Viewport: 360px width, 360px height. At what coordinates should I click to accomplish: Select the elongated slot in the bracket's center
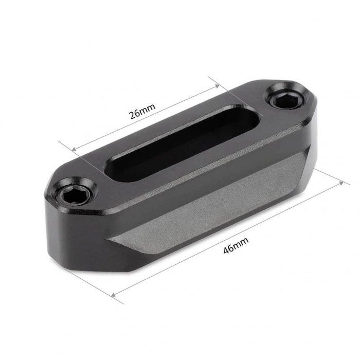click(x=175, y=142)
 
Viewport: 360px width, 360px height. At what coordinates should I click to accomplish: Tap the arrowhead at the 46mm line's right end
click(x=341, y=182)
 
